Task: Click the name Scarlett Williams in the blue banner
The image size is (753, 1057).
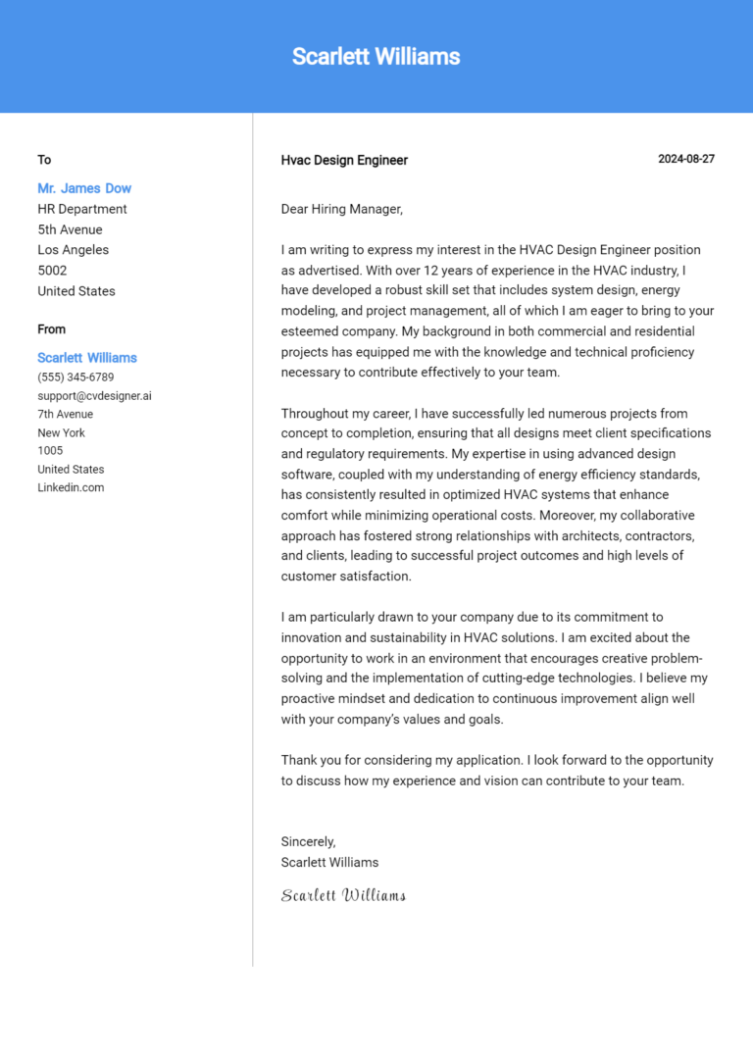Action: [376, 57]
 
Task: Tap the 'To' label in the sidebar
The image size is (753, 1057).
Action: [44, 160]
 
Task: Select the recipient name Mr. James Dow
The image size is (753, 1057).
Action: [84, 188]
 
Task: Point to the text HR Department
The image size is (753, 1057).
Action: [82, 209]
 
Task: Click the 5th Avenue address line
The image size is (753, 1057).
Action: [70, 229]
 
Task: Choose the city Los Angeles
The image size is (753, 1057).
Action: [73, 250]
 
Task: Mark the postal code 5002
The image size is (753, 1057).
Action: [52, 271]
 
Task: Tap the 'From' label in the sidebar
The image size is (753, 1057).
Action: [52, 329]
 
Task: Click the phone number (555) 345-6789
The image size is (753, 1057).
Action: [75, 377]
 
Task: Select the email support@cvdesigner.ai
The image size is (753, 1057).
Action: [94, 396]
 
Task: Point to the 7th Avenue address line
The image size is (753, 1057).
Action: [66, 415]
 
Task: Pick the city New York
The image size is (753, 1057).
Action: [61, 432]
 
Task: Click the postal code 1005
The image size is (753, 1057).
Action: [50, 451]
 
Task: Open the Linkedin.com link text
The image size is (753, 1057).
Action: [71, 487]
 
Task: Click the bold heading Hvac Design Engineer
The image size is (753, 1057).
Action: [344, 160]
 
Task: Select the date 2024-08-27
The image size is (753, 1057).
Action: [685, 159]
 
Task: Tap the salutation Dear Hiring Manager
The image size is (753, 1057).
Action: [341, 209]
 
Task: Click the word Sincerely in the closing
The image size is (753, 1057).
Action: [308, 841]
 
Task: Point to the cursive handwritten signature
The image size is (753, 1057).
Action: [343, 895]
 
